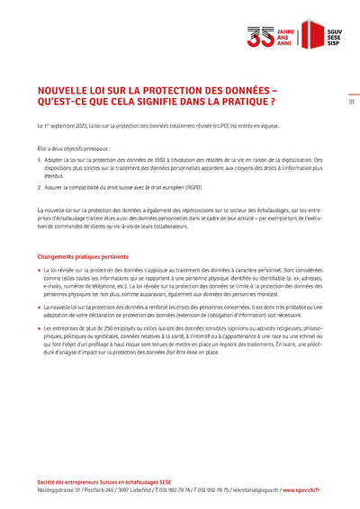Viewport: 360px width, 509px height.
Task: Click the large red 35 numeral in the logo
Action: click(x=259, y=36)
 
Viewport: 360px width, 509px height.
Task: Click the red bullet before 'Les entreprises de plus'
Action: click(x=40, y=329)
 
